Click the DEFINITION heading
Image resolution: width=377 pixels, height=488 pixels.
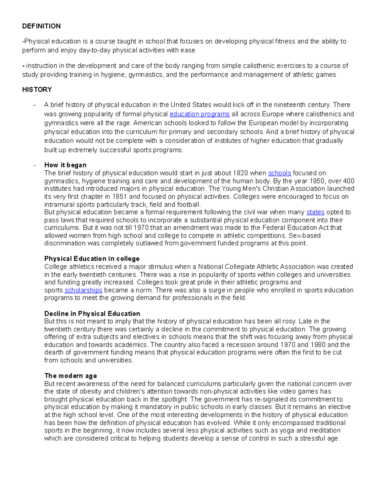point(41,26)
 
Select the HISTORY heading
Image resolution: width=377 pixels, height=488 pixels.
point(37,90)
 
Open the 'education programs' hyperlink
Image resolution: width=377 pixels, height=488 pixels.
point(199,114)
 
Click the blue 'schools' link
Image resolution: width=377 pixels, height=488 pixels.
point(279,173)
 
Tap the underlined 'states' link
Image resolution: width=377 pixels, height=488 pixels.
point(315,212)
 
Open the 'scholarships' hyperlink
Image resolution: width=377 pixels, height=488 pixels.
point(83,290)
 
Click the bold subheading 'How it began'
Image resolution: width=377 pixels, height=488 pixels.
point(65,165)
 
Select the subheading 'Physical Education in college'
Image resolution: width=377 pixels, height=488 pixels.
point(92,259)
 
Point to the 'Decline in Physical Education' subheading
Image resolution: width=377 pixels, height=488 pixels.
point(92,314)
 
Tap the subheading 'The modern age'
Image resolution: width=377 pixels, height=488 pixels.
point(70,376)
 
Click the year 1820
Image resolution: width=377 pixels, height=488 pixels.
point(240,173)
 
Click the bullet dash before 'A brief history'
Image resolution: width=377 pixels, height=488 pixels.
point(35,105)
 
